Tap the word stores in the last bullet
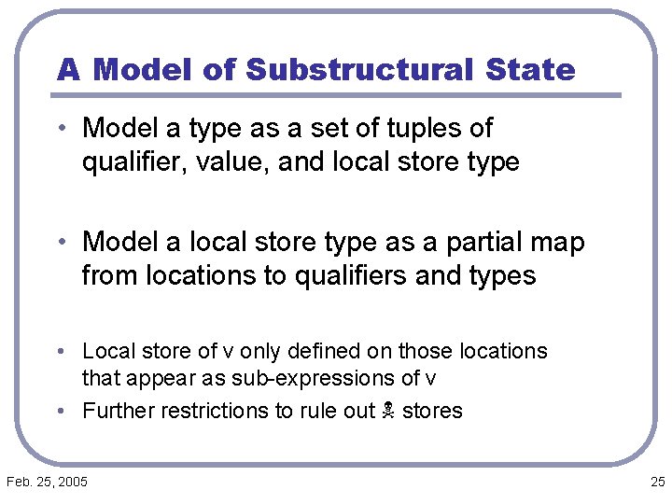(431, 411)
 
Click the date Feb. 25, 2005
(47, 482)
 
